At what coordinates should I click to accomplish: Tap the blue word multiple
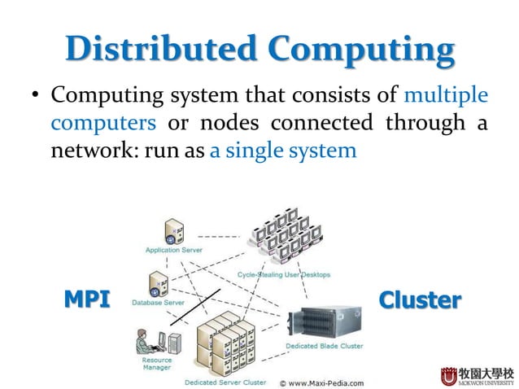[446, 96]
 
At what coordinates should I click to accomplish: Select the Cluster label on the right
[420, 299]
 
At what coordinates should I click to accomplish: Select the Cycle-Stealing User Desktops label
[283, 275]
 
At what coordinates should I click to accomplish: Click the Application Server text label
[174, 251]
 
